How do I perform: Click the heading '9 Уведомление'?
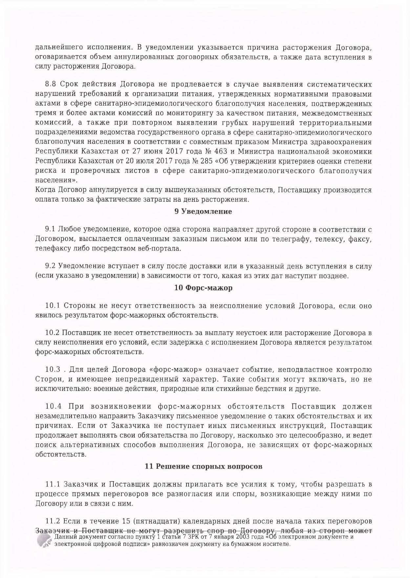[203, 212]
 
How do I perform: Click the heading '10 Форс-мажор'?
[203, 288]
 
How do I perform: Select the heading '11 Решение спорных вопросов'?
[204, 466]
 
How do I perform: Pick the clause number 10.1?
[53, 306]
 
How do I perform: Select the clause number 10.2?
[53, 333]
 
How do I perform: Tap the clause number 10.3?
[53, 370]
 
